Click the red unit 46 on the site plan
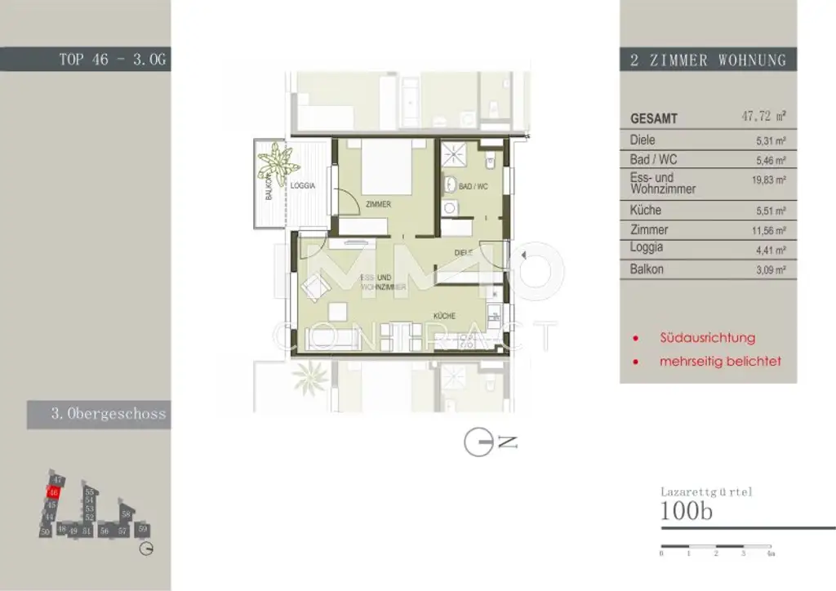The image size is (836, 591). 53,492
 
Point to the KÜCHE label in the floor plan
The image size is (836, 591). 444,316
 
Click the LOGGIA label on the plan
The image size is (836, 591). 302,185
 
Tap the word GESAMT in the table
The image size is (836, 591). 654,118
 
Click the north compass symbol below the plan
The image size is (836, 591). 479,442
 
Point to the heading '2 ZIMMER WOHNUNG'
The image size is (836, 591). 708,60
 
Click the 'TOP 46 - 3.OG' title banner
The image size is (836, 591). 113,60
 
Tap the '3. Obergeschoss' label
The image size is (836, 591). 108,414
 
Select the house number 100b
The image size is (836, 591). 687,512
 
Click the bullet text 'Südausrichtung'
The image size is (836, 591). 708,337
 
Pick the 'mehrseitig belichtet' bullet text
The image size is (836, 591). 719,360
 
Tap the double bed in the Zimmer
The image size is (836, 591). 386,167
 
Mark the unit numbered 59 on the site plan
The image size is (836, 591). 143,529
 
